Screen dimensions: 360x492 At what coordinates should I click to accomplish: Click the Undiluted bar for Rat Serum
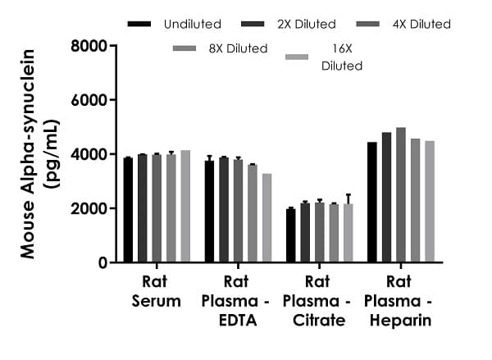coord(128,210)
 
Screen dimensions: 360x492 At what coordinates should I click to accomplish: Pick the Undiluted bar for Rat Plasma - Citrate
coord(291,235)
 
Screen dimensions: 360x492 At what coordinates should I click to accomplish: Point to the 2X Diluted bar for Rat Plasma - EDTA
coord(224,210)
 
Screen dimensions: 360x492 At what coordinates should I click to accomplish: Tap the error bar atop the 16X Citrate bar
coord(348,198)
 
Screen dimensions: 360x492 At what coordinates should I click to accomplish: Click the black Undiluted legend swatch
coord(140,24)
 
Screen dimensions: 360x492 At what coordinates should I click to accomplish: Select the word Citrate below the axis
coord(319,321)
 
